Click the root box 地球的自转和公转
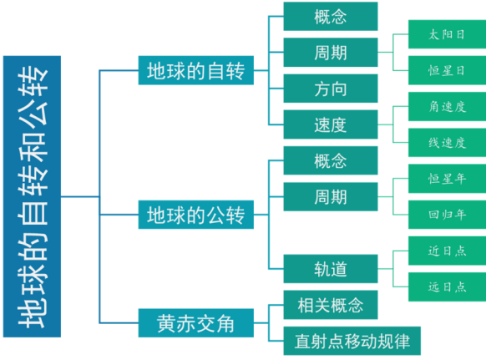[x=32, y=196]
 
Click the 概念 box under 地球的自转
[x=330, y=17]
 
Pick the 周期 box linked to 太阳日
[x=330, y=53]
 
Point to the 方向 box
[x=330, y=89]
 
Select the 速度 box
[x=330, y=125]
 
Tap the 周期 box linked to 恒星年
[x=330, y=197]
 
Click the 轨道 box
[x=330, y=269]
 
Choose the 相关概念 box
[x=330, y=305]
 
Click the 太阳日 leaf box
[x=447, y=35]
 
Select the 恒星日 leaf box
[x=447, y=71]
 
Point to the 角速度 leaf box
[x=447, y=107]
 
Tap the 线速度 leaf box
[x=447, y=143]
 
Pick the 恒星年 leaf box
[x=447, y=179]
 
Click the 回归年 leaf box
[x=447, y=215]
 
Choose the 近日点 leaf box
[x=447, y=251]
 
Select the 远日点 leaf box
[x=447, y=286]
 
